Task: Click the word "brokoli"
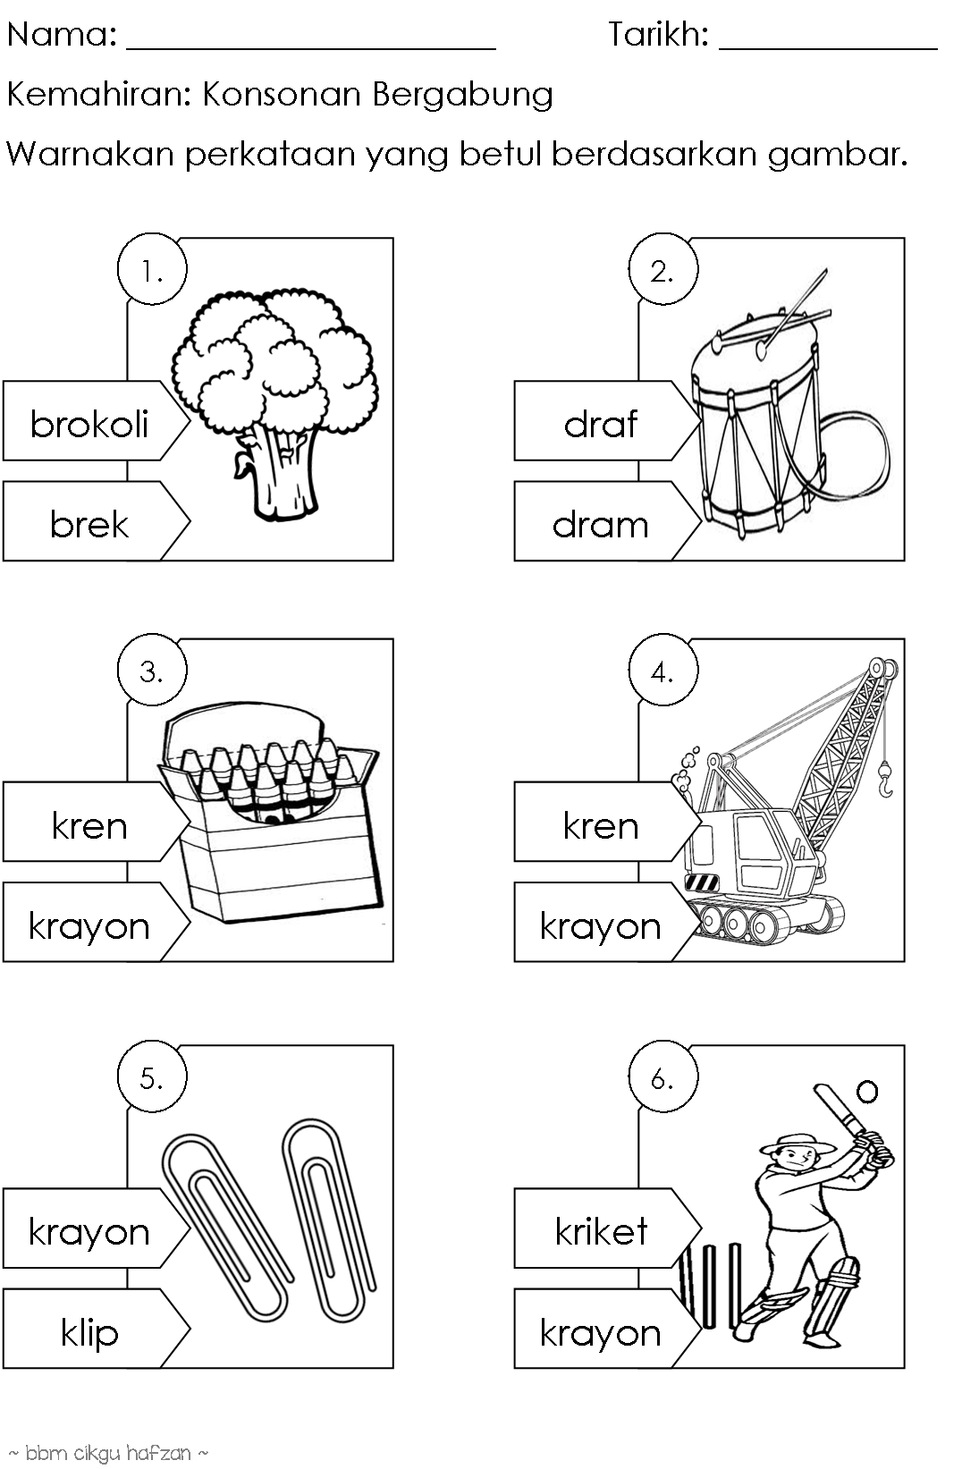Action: pos(89,424)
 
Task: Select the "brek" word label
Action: pos(89,524)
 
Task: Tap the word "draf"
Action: pos(601,424)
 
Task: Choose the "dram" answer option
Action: pos(601,525)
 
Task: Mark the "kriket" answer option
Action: pos(602,1231)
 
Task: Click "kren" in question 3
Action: pos(89,825)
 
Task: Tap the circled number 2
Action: pos(663,269)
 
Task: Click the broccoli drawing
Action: pos(274,403)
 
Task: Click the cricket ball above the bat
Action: pos(867,1092)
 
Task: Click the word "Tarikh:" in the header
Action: pos(658,34)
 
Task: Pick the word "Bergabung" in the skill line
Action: pos(463,95)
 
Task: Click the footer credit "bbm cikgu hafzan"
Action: pos(108,1453)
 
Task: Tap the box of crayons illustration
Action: pos(270,812)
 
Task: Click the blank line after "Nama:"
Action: pos(311,48)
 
